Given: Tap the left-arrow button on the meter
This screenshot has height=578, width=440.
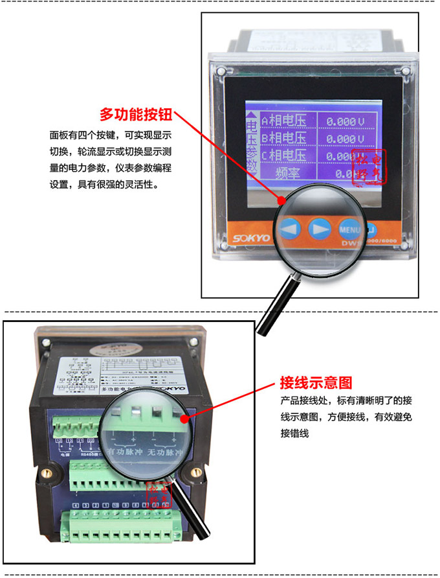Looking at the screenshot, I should pos(290,229).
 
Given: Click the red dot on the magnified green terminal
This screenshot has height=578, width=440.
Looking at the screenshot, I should pos(186,419).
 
